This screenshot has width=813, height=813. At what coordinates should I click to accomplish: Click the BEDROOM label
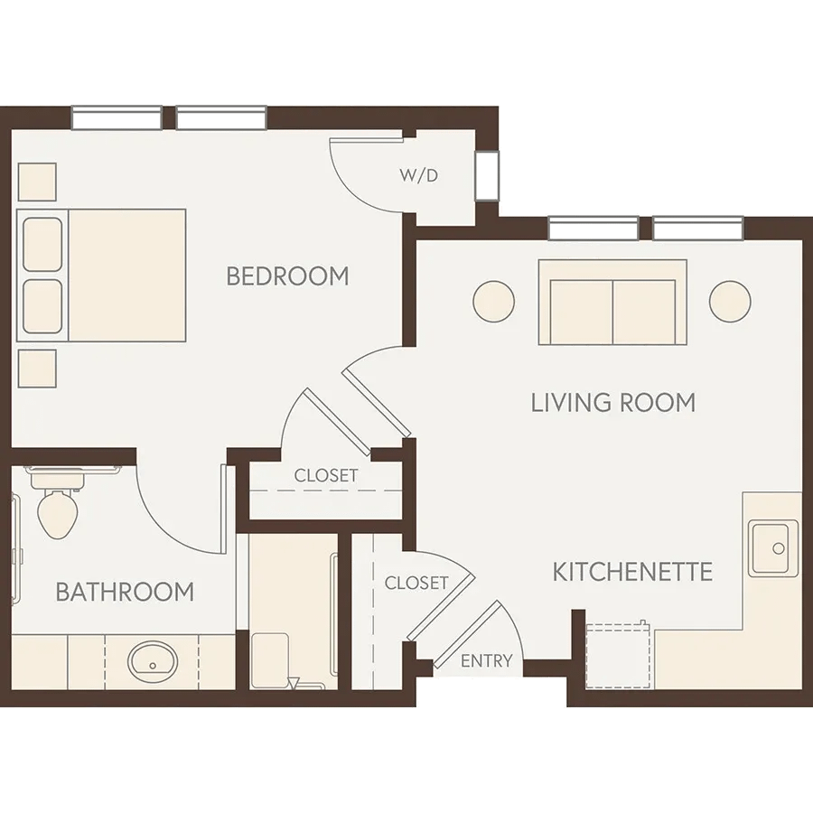pyautogui.click(x=288, y=276)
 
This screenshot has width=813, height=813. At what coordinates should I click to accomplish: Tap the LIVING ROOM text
pyautogui.click(x=612, y=403)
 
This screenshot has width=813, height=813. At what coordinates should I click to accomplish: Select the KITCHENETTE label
pyautogui.click(x=632, y=572)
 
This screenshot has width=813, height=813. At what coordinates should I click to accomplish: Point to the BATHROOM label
pyautogui.click(x=125, y=592)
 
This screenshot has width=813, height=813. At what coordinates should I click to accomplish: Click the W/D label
pyautogui.click(x=419, y=175)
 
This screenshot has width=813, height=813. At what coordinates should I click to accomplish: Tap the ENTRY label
pyautogui.click(x=486, y=660)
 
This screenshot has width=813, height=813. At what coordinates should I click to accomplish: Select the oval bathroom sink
pyautogui.click(x=153, y=662)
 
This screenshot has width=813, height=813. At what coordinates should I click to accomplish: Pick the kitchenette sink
pyautogui.click(x=773, y=548)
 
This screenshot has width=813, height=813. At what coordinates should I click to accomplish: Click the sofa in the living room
pyautogui.click(x=612, y=303)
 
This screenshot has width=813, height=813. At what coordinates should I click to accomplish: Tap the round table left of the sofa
pyautogui.click(x=493, y=301)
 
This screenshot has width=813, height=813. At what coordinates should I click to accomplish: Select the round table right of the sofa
pyautogui.click(x=730, y=301)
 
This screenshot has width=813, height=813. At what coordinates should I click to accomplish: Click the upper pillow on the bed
pyautogui.click(x=42, y=244)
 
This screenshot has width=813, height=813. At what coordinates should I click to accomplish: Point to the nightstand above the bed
pyautogui.click(x=37, y=182)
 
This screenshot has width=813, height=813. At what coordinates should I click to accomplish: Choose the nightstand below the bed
pyautogui.click(x=37, y=369)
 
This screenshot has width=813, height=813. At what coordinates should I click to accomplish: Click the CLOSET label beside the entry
pyautogui.click(x=416, y=584)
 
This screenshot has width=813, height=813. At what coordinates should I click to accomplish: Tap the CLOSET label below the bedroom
pyautogui.click(x=326, y=475)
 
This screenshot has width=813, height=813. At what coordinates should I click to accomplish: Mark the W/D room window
pyautogui.click(x=488, y=176)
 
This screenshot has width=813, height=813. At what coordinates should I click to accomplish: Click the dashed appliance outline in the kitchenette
pyautogui.click(x=618, y=656)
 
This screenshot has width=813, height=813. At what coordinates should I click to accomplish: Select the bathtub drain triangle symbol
pyautogui.click(x=294, y=683)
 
